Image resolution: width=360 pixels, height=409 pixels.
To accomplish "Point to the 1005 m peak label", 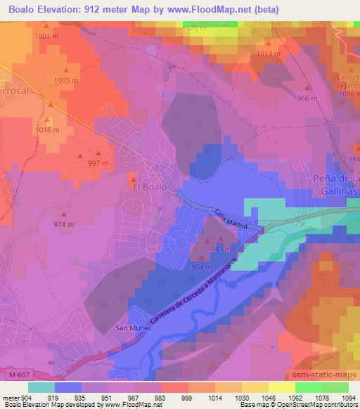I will (66, 81).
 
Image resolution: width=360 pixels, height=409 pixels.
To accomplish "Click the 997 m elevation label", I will (98, 162).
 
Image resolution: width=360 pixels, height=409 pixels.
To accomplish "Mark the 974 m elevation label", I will (64, 224).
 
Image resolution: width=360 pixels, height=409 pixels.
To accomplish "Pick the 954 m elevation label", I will (202, 267).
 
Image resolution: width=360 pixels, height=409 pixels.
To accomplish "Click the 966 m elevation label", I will (307, 98).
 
